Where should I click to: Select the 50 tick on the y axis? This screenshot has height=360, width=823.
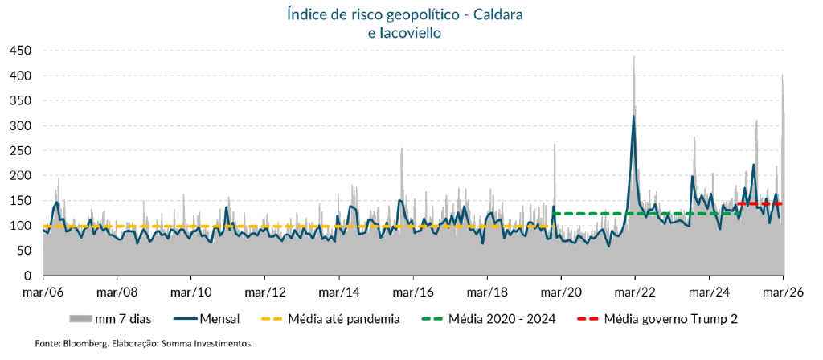click(23, 251)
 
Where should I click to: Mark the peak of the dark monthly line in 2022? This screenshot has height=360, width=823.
click(633, 117)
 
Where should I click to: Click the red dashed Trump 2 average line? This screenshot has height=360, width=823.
click(760, 204)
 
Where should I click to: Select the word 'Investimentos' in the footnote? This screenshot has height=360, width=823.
click(225, 344)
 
